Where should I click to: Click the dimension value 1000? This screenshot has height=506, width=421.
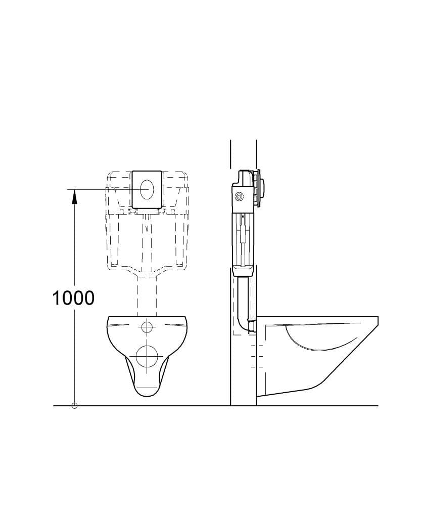point(73,298)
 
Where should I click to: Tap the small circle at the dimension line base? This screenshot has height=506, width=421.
point(74,406)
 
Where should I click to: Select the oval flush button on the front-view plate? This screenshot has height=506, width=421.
point(147,189)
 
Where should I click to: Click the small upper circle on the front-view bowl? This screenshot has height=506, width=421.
point(147,326)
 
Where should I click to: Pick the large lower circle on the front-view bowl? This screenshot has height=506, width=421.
point(147,356)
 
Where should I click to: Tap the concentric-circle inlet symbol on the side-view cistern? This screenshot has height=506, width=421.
point(239,196)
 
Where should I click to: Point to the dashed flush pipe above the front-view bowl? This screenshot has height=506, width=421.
point(147,296)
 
